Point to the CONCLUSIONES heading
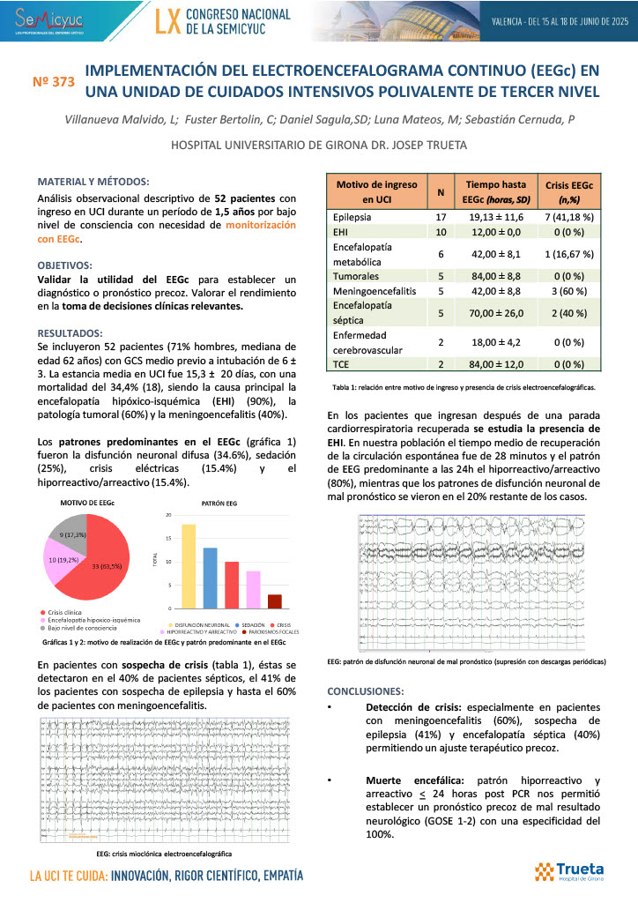tap(366, 690)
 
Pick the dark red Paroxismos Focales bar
tap(274, 601)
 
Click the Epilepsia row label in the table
tap(352, 216)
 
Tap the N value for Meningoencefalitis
tap(440, 290)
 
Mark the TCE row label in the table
tap(342, 364)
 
